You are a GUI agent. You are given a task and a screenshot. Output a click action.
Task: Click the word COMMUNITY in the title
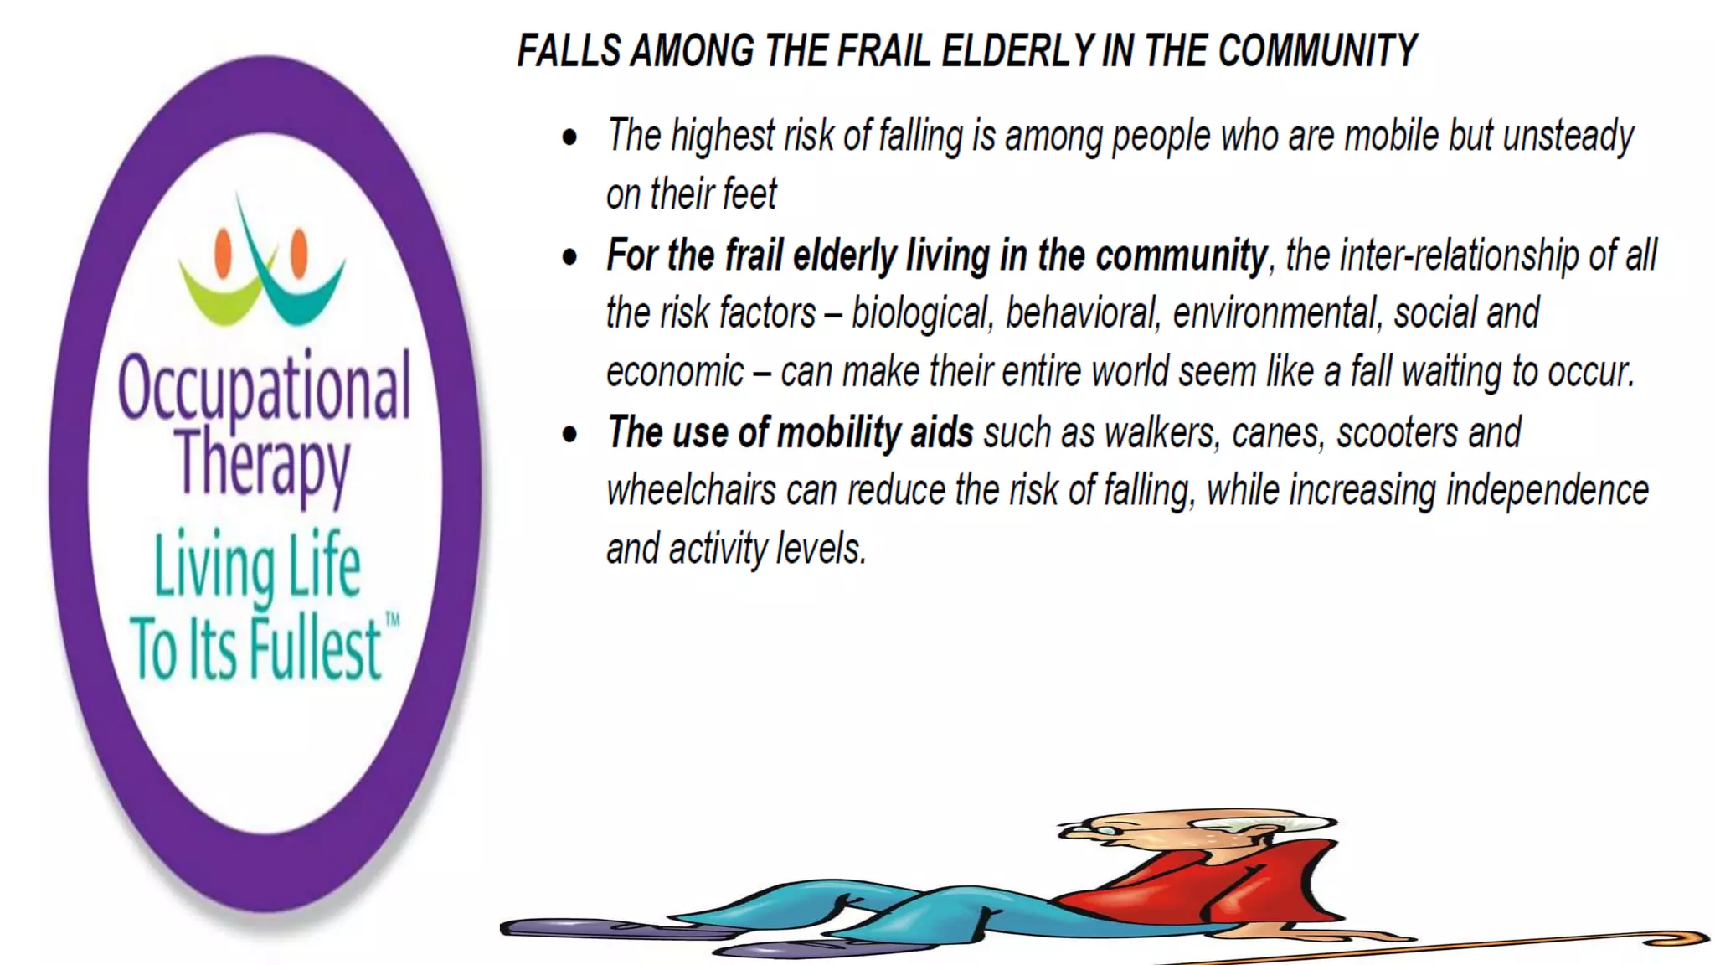click(1317, 51)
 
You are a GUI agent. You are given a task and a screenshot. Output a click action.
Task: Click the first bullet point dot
click(570, 137)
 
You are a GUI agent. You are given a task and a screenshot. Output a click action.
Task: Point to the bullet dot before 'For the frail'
click(570, 257)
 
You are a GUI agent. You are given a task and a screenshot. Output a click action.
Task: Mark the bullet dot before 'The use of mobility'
click(570, 434)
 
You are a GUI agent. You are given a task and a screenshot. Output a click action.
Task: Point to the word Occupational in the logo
click(264, 387)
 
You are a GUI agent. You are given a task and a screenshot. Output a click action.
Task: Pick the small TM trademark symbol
click(392, 621)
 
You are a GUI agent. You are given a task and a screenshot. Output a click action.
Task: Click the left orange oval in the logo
click(223, 252)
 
